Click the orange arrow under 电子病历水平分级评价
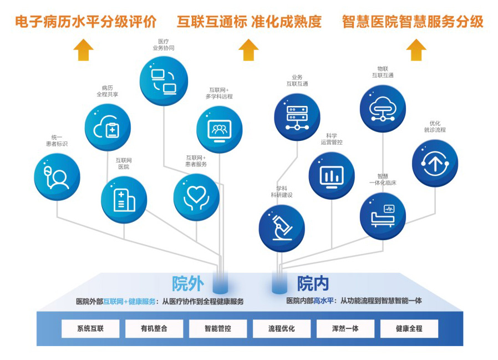(84, 50)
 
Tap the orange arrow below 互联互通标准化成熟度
(248, 50)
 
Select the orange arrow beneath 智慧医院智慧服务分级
(416, 50)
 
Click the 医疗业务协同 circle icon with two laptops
(164, 80)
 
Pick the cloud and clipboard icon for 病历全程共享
(108, 127)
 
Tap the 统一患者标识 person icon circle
(57, 176)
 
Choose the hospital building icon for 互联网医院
(124, 200)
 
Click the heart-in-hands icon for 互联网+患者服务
(196, 197)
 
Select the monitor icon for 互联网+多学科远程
(220, 130)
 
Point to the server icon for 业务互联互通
(297, 117)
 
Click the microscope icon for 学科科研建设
(282, 229)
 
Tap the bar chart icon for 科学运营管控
(332, 176)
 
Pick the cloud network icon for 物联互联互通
(383, 109)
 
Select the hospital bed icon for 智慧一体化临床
(383, 216)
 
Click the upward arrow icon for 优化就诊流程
(435, 163)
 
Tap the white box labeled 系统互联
(90, 328)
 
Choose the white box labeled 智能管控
(218, 328)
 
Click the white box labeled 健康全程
(409, 328)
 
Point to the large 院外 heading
(187, 283)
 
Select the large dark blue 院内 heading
(313, 283)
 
